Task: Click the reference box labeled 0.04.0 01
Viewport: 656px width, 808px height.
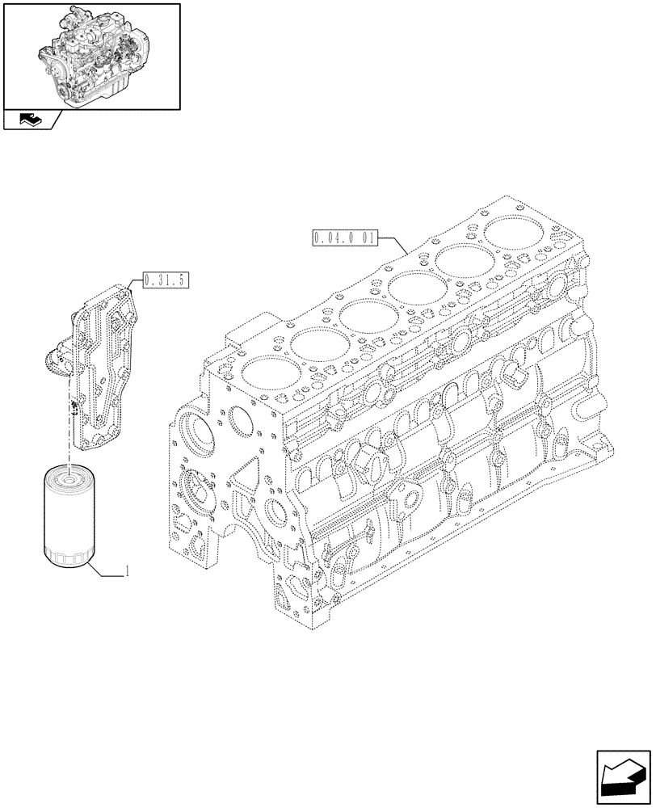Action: tap(343, 238)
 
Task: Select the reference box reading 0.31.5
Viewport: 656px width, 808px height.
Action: tap(165, 281)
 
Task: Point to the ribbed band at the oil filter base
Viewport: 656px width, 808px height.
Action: tap(69, 556)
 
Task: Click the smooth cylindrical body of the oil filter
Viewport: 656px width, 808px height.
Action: tap(69, 517)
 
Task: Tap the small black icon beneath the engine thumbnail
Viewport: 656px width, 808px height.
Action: tap(29, 120)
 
